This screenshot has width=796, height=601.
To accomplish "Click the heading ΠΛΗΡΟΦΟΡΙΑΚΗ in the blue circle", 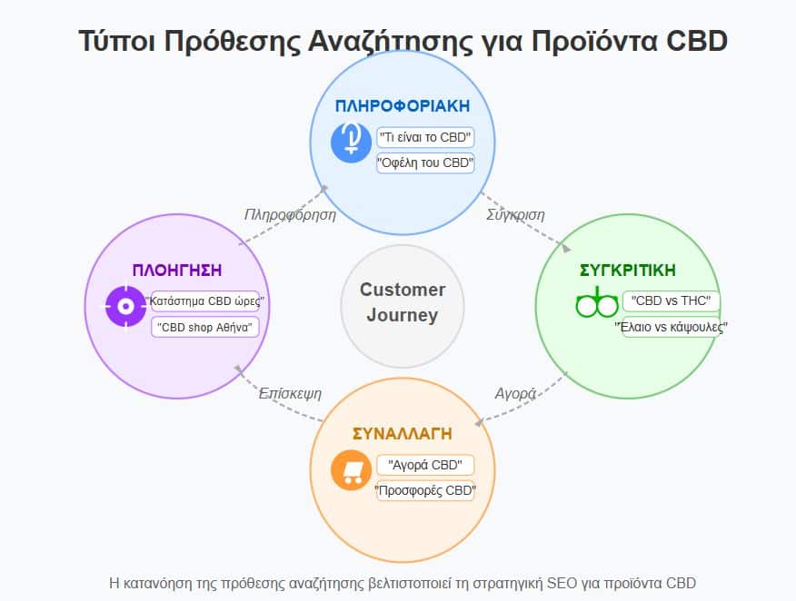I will tap(402, 106).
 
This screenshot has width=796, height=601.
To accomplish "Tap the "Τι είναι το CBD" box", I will tap(425, 138).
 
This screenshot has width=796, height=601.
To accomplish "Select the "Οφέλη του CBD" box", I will tap(425, 163).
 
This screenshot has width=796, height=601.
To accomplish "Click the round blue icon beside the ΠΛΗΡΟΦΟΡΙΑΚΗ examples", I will tap(351, 142).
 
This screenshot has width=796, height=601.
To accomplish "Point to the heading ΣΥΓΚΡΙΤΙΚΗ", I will tap(627, 271).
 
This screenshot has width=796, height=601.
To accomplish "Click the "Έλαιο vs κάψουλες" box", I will tap(672, 327).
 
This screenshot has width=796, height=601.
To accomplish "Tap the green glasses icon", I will tap(596, 304).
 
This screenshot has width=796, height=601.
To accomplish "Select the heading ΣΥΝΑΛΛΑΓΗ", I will tap(402, 434).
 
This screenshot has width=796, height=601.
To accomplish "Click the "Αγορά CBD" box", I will tap(425, 466).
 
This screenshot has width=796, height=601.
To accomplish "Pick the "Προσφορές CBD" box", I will tap(425, 491).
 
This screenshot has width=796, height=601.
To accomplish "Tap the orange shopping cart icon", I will tap(351, 470).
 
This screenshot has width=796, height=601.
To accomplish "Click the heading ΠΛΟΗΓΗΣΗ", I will tap(177, 271).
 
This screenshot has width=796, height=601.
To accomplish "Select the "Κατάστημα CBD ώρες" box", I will tap(204, 301).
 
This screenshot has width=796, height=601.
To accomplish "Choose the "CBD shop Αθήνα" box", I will tap(204, 326).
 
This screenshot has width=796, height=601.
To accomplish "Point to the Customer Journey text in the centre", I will tap(402, 303).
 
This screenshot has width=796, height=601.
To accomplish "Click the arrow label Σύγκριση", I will tap(515, 215).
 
